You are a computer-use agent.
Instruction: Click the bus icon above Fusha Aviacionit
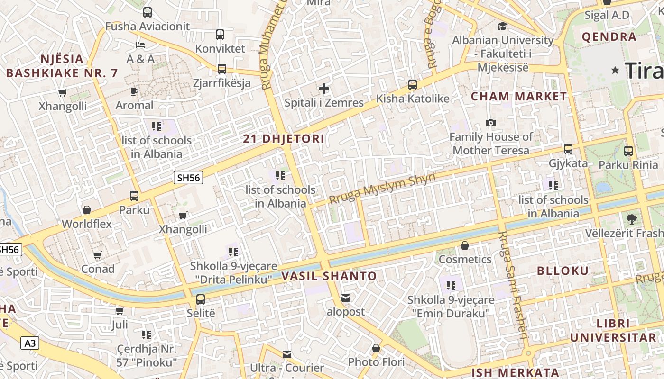tap(148, 12)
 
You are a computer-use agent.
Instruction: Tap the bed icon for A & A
tap(140, 45)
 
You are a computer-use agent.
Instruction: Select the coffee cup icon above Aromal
tap(134, 91)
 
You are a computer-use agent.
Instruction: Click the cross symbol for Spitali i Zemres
tap(324, 89)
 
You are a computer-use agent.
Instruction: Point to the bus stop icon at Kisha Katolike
tap(413, 85)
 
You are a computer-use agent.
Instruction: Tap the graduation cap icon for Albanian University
tap(502, 26)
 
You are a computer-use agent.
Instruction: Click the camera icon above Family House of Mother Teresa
tap(491, 123)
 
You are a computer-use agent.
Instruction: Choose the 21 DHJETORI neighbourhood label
tap(284, 139)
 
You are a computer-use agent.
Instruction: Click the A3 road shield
tap(30, 343)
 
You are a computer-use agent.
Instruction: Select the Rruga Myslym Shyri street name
tap(382, 189)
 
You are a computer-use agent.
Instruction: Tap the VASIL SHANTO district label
tap(329, 276)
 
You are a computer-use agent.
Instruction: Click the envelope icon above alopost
tap(346, 298)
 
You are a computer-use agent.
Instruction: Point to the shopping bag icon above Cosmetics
tap(465, 245)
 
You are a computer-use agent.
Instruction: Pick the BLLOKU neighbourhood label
tap(563, 271)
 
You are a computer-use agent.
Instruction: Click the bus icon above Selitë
tap(201, 299)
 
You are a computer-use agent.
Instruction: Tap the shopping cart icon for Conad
tap(98, 255)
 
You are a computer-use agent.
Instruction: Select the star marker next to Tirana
tap(616, 71)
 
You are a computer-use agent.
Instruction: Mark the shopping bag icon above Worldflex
tap(87, 210)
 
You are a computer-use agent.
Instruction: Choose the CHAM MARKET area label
tap(519, 97)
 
